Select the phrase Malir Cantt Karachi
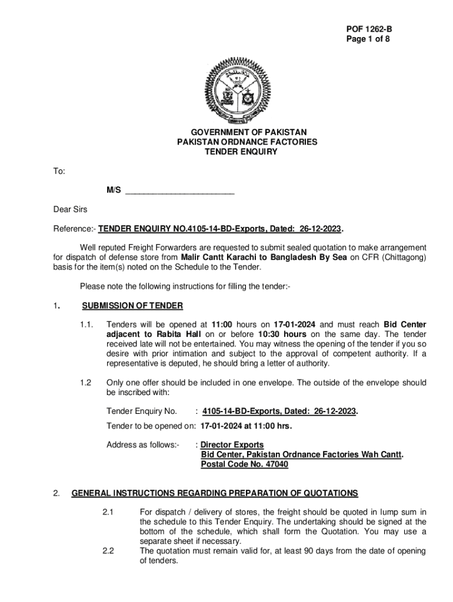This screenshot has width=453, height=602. (215, 257)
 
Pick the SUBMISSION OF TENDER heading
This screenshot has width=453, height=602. (132, 306)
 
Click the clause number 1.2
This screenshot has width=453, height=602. (86, 382)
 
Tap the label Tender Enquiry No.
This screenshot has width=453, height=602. (142, 411)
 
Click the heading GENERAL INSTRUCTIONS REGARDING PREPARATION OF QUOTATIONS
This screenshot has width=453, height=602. (215, 493)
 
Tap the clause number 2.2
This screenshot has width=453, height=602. (108, 550)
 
